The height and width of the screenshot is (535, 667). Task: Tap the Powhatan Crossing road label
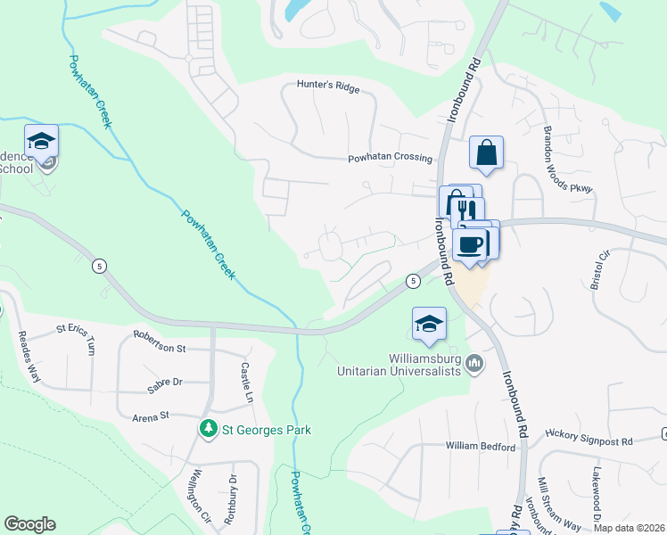(x=390, y=158)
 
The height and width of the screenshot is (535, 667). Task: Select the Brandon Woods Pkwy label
(x=567, y=160)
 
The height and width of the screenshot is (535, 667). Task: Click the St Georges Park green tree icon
(x=209, y=430)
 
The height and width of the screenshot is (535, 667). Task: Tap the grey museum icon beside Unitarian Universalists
(x=474, y=363)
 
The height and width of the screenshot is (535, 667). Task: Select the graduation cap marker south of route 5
(x=429, y=324)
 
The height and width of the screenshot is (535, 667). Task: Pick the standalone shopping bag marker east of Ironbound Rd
(x=486, y=153)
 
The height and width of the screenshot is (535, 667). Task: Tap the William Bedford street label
(x=481, y=446)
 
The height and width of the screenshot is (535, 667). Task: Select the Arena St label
(x=151, y=416)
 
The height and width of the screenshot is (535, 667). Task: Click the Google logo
(x=29, y=524)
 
